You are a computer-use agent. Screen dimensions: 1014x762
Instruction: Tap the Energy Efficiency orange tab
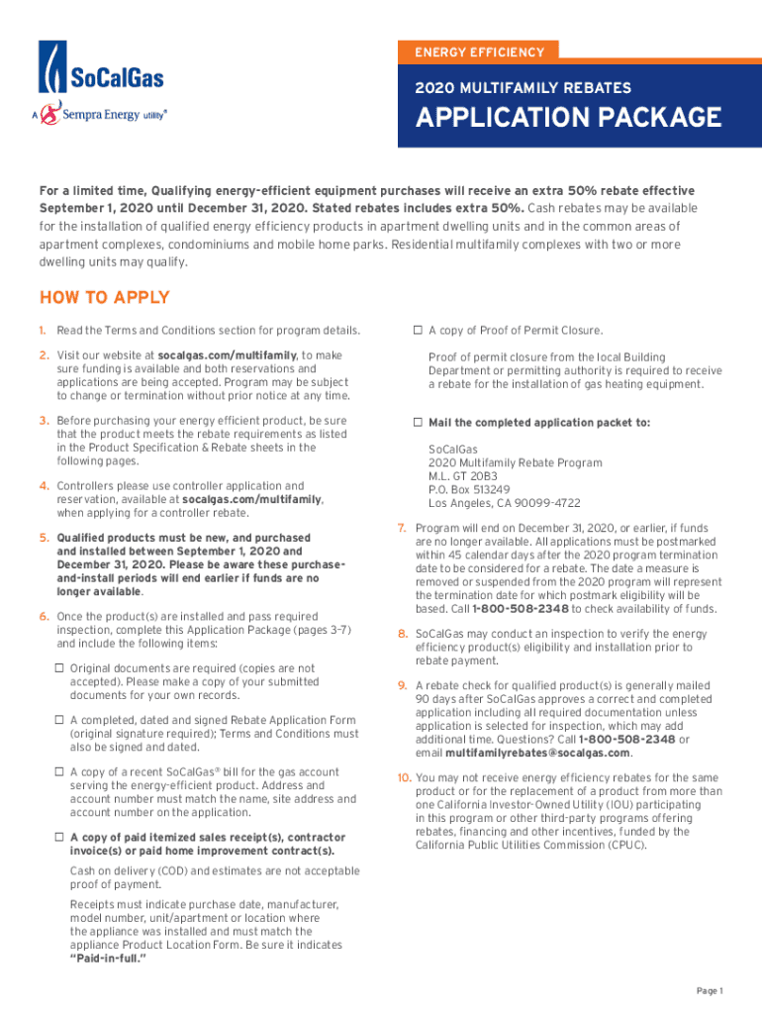pos(479,51)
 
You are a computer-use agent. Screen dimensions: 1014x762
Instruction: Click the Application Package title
pos(568,118)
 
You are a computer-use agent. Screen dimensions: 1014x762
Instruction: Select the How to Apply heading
pos(104,298)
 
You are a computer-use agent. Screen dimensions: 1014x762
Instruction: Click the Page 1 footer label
pos(710,991)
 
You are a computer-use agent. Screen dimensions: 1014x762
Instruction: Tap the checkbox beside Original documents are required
pos(60,669)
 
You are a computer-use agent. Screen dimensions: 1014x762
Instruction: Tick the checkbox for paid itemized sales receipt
pos(60,838)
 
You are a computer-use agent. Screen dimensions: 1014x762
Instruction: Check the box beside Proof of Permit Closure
pos(419,331)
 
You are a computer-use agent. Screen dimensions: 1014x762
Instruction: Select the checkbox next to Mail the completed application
pos(419,423)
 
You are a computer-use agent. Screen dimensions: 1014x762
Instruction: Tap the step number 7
pos(401,529)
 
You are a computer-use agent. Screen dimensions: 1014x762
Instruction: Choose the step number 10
pos(404,778)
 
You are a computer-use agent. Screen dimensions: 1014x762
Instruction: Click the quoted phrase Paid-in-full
pos(108,960)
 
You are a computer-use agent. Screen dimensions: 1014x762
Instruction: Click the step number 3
pos(45,421)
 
